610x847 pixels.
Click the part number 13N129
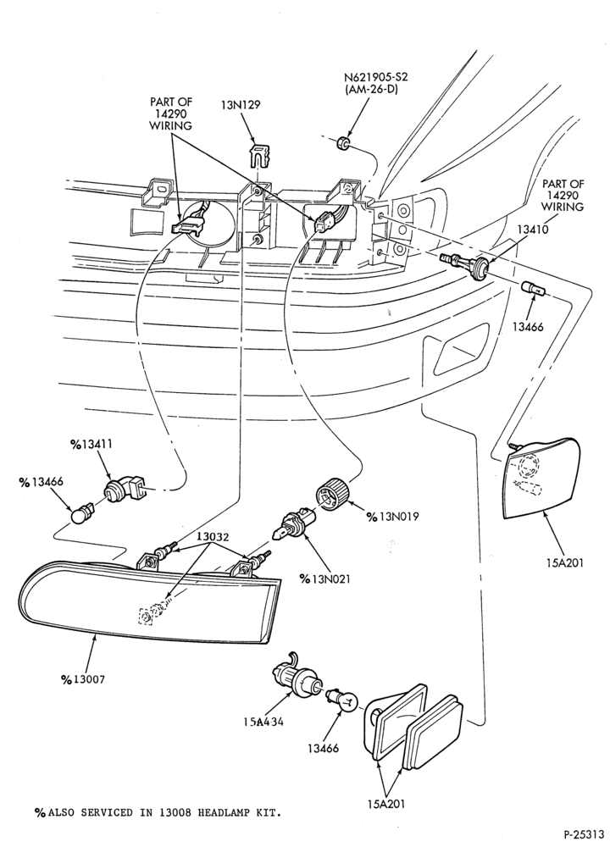pos(240,104)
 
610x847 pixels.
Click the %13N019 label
pos(393,517)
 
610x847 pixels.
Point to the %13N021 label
pos(324,579)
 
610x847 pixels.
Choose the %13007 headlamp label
pos(83,679)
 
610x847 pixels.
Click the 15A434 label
pos(263,721)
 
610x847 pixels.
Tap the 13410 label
pos(532,229)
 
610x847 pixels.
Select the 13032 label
pos(213,537)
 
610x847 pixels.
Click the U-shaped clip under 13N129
pos(260,153)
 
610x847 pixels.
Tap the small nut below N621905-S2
pos(342,143)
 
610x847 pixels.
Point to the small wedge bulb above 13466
pos(534,289)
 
